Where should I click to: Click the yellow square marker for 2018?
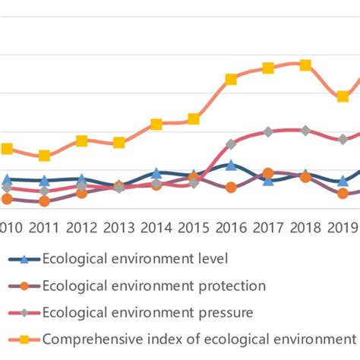point(305,65)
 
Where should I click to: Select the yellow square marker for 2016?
point(231,79)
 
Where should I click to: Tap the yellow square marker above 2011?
point(44,156)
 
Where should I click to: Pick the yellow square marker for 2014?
point(156,125)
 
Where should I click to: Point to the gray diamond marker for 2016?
point(231,144)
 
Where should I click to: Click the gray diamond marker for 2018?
point(305,131)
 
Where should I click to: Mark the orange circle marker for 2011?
point(44,201)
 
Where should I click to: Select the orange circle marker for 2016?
point(231,188)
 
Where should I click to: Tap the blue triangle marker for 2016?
point(231,165)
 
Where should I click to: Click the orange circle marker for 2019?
point(343,194)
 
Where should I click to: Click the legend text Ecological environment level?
point(135,258)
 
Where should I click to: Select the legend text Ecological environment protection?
point(154,286)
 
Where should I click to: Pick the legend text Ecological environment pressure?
point(148,311)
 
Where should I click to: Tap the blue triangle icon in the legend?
point(24,259)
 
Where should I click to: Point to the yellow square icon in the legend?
point(24,339)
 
